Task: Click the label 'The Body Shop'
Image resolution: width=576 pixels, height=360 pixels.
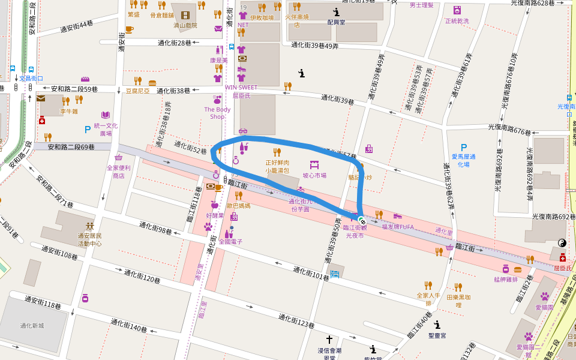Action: [x=217, y=113]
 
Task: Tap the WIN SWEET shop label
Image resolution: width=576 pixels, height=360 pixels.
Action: [x=236, y=87]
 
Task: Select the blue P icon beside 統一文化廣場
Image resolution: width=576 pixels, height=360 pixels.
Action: [x=88, y=128]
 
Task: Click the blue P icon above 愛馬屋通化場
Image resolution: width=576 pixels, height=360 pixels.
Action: [x=463, y=148]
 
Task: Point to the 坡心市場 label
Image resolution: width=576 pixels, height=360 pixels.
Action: [x=314, y=176]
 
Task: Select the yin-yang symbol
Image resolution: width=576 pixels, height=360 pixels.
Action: [x=562, y=243]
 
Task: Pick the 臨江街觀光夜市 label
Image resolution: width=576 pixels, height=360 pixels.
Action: [x=354, y=232]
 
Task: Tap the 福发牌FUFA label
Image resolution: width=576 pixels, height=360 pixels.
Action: [x=398, y=227]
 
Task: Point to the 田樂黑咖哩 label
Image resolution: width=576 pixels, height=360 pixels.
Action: [x=459, y=301]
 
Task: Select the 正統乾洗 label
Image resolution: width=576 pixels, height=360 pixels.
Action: [x=457, y=21]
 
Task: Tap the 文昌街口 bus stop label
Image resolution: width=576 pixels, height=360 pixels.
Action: [x=31, y=79]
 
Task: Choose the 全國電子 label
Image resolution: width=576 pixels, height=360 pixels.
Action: [x=230, y=242]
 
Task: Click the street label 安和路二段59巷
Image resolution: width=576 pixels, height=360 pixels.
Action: [x=74, y=89]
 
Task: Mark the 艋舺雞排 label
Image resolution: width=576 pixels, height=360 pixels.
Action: [x=506, y=279]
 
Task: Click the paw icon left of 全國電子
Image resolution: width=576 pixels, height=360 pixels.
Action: [x=208, y=227]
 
